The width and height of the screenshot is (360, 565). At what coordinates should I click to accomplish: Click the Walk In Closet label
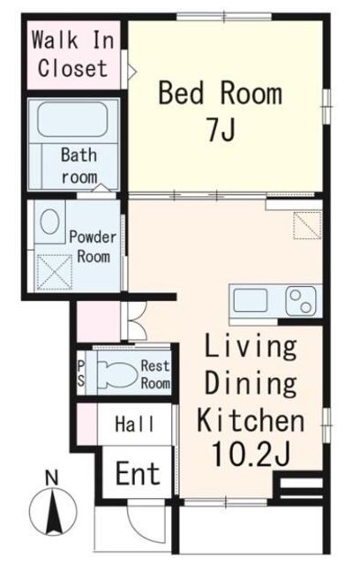tap(73, 54)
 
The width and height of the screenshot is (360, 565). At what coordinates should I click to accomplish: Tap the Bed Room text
tap(221, 93)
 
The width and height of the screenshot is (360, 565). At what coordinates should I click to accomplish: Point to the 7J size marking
tap(221, 130)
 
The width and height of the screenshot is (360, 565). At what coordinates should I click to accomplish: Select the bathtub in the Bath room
tap(73, 120)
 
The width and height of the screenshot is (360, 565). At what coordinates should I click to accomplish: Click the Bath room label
tap(79, 166)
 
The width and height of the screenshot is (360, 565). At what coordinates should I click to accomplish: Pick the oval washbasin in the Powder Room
tap(49, 222)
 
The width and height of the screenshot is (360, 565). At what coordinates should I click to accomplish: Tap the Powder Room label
tap(93, 247)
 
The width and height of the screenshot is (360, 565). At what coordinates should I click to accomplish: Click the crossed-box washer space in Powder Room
tap(55, 272)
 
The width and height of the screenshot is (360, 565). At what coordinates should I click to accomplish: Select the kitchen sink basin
tap(251, 300)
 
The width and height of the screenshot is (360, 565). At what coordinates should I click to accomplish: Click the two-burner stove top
tap(301, 301)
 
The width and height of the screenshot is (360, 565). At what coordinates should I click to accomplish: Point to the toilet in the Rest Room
tap(118, 374)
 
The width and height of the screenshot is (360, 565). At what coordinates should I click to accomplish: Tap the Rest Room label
tap(155, 374)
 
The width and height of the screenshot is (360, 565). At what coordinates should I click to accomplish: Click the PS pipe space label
tap(81, 373)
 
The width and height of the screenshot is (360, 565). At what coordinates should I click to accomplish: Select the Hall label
tap(135, 424)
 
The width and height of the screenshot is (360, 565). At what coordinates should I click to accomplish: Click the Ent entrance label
tap(138, 473)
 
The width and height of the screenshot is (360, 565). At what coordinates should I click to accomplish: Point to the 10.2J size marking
tap(251, 455)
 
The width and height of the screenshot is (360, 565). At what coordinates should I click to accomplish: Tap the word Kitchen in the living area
tap(251, 420)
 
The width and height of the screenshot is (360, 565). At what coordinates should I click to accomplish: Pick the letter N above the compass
tap(52, 478)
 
